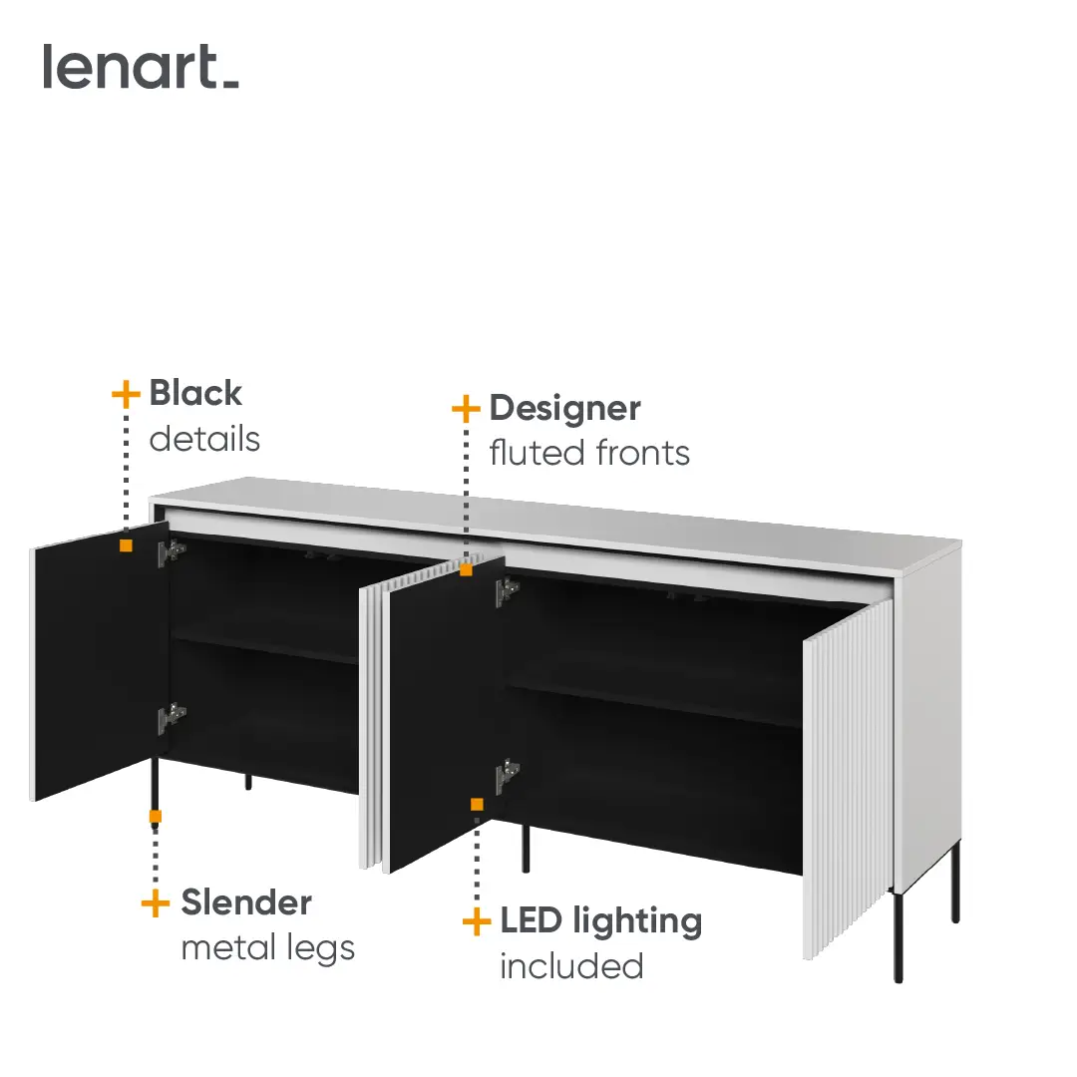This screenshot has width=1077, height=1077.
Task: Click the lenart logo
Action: coord(141,67)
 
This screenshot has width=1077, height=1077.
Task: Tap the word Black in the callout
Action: coord(195,394)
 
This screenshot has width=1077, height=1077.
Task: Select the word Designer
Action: coord(564,410)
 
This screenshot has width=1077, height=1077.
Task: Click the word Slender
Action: coord(246,902)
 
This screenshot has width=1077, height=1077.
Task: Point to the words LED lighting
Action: coord(601,921)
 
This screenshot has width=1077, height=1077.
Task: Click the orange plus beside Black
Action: coord(126,394)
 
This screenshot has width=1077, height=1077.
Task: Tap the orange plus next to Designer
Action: coord(466,409)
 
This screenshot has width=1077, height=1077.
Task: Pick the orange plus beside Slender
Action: coord(156,903)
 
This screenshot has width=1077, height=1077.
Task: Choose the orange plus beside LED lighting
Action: coord(477,921)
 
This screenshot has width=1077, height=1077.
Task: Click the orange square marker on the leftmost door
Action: coord(126,545)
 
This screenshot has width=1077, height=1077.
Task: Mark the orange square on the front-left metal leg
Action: coord(156,817)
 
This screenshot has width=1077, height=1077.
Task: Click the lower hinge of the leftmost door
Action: coord(172,717)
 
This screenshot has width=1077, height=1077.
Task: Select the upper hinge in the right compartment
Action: coord(507,590)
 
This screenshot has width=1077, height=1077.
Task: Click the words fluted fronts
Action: coord(589,454)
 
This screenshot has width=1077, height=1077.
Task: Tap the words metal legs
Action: coord(268,949)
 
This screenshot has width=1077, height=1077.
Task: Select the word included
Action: coord(571,966)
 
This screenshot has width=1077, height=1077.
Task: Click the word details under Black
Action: coord(204,439)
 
